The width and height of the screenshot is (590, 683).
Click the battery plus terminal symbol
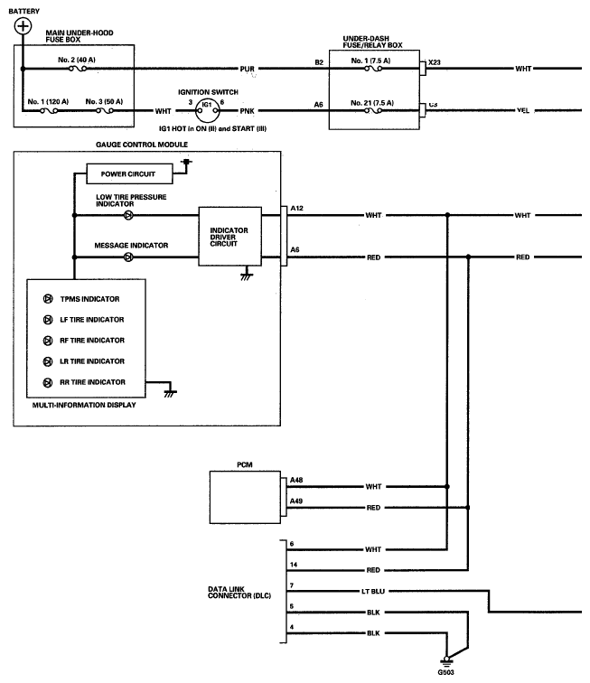(23, 26)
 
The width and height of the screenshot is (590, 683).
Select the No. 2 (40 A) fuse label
(77, 60)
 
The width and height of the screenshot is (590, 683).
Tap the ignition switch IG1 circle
(208, 110)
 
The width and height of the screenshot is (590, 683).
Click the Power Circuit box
(129, 173)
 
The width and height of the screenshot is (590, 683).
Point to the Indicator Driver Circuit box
(230, 236)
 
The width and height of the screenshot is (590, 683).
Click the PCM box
(245, 497)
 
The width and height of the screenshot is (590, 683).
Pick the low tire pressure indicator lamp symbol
(128, 215)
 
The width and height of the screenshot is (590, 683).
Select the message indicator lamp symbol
(128, 257)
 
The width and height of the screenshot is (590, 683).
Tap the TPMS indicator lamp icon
(48, 299)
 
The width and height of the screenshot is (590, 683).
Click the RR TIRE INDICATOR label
(92, 382)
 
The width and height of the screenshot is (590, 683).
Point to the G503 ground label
(445, 672)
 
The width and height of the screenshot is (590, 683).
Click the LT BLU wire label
(373, 591)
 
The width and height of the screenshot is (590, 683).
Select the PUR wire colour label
(247, 69)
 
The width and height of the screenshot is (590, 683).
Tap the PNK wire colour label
(247, 111)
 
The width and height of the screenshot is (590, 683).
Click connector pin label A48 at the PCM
(296, 480)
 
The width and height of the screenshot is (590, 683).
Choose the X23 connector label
(434, 62)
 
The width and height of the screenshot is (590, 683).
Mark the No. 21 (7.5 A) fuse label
(372, 103)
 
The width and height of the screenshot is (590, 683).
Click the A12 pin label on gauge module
(296, 208)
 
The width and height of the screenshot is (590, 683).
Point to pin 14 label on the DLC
(294, 565)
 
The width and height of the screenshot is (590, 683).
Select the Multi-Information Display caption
(84, 405)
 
